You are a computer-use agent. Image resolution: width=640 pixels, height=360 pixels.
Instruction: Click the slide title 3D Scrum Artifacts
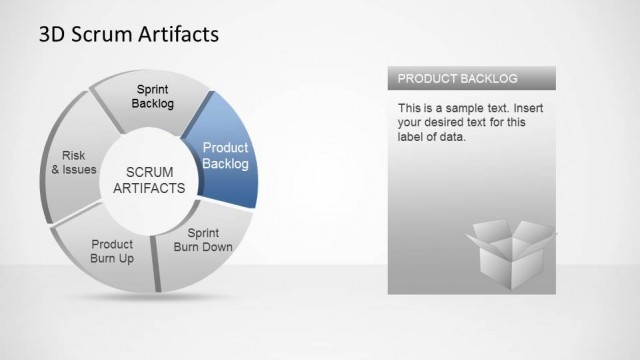click(128, 35)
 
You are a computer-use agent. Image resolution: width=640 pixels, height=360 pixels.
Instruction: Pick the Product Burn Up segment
click(111, 253)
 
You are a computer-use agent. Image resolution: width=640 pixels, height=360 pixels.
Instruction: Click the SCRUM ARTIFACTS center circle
click(149, 179)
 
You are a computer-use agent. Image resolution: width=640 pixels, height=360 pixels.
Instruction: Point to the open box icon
click(510, 252)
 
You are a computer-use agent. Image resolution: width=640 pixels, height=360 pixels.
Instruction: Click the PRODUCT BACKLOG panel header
click(471, 78)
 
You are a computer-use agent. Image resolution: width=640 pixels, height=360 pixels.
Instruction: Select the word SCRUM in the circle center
click(149, 171)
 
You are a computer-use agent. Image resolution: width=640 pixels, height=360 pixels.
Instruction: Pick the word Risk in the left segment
click(73, 155)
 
